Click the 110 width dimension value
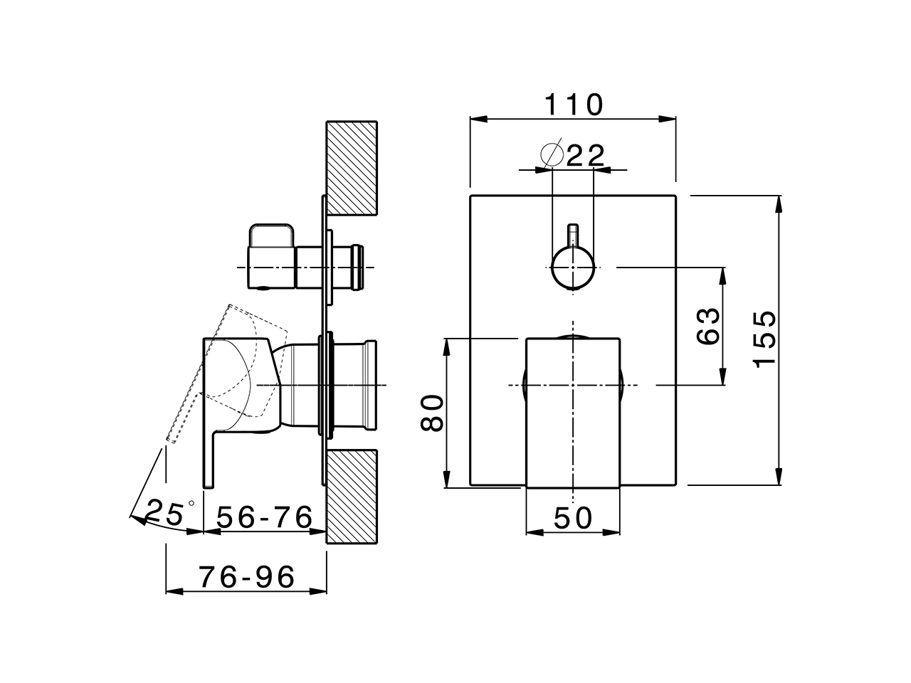tap(574, 105)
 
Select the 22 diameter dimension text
tap(585, 155)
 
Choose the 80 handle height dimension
tap(432, 413)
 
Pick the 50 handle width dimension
tap(573, 518)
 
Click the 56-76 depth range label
tap(265, 517)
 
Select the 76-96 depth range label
tap(246, 577)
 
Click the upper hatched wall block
tap(351, 168)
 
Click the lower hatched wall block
tap(351, 496)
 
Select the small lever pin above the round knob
tap(573, 235)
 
